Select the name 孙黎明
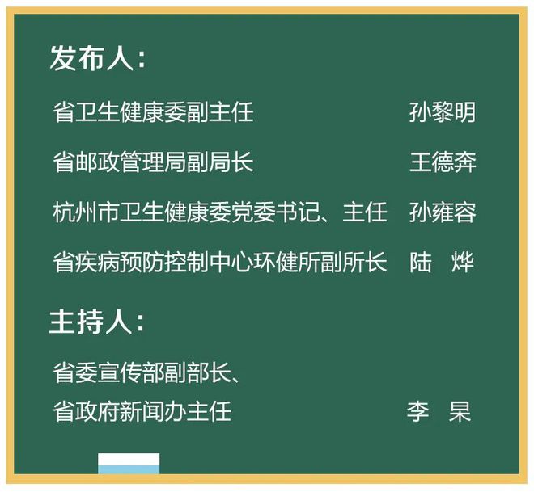tap(442, 112)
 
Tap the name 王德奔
tap(442, 162)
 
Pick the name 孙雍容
tap(442, 212)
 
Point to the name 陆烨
tap(442, 263)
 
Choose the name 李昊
tap(439, 411)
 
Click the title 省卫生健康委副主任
tap(153, 112)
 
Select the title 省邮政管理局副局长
tap(153, 162)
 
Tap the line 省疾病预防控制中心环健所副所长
tap(220, 263)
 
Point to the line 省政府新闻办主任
tap(142, 411)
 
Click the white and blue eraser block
tap(129, 464)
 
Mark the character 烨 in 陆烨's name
tap(464, 263)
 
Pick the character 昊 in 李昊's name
tap(460, 411)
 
